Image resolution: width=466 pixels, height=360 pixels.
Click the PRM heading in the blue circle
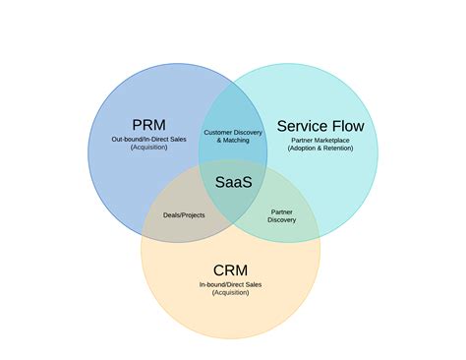148,125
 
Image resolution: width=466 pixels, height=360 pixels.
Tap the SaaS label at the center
232,180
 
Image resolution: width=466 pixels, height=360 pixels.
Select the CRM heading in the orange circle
230,270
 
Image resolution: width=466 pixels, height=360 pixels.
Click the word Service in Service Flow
304,126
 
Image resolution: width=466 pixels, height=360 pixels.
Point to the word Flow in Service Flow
348,126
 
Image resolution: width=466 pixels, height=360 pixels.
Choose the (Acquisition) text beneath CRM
230,292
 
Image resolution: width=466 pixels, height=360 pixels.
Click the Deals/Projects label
184,214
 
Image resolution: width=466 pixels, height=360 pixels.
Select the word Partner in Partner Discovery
281,210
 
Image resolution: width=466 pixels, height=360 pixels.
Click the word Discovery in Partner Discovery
281,219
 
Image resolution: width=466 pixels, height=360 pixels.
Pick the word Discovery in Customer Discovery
250,132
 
